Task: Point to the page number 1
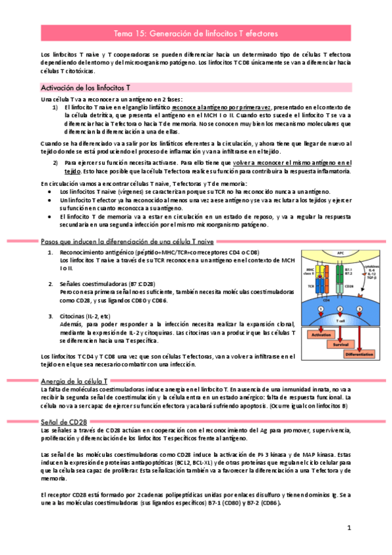click(349, 528)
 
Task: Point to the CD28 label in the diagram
click(349, 286)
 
